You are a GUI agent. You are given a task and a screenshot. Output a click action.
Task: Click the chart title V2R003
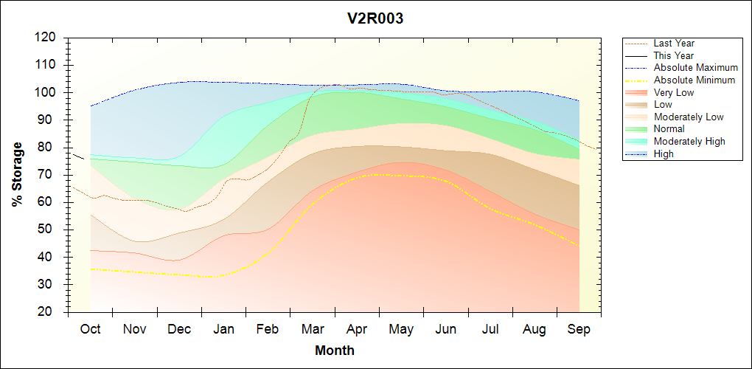pyautogui.click(x=375, y=19)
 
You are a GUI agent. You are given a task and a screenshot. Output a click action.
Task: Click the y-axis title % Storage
pyautogui.click(x=18, y=174)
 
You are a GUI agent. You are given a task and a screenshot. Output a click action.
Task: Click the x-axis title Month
pyautogui.click(x=335, y=351)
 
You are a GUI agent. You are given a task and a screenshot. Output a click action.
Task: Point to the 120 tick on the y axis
pyautogui.click(x=46, y=38)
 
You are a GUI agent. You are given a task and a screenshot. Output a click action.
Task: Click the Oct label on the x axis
pyautogui.click(x=90, y=329)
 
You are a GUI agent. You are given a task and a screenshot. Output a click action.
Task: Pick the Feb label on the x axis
pyautogui.click(x=268, y=329)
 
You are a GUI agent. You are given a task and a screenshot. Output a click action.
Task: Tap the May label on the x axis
pyautogui.click(x=401, y=329)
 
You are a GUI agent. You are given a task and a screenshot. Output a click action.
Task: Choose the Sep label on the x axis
pyautogui.click(x=579, y=329)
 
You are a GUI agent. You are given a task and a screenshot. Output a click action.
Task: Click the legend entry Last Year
pyautogui.click(x=673, y=44)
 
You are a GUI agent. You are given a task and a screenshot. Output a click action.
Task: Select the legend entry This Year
pyautogui.click(x=673, y=55)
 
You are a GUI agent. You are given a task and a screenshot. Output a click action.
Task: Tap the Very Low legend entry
pyautogui.click(x=673, y=92)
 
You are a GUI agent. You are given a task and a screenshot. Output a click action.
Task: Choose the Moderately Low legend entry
pyautogui.click(x=689, y=117)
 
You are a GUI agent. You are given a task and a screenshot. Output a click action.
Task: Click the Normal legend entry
pyautogui.click(x=669, y=129)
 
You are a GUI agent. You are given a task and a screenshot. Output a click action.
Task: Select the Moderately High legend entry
pyautogui.click(x=689, y=142)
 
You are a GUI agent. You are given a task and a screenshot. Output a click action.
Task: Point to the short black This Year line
pyautogui.click(x=77, y=156)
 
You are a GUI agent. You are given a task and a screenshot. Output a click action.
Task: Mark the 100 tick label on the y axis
pyautogui.click(x=46, y=92)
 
